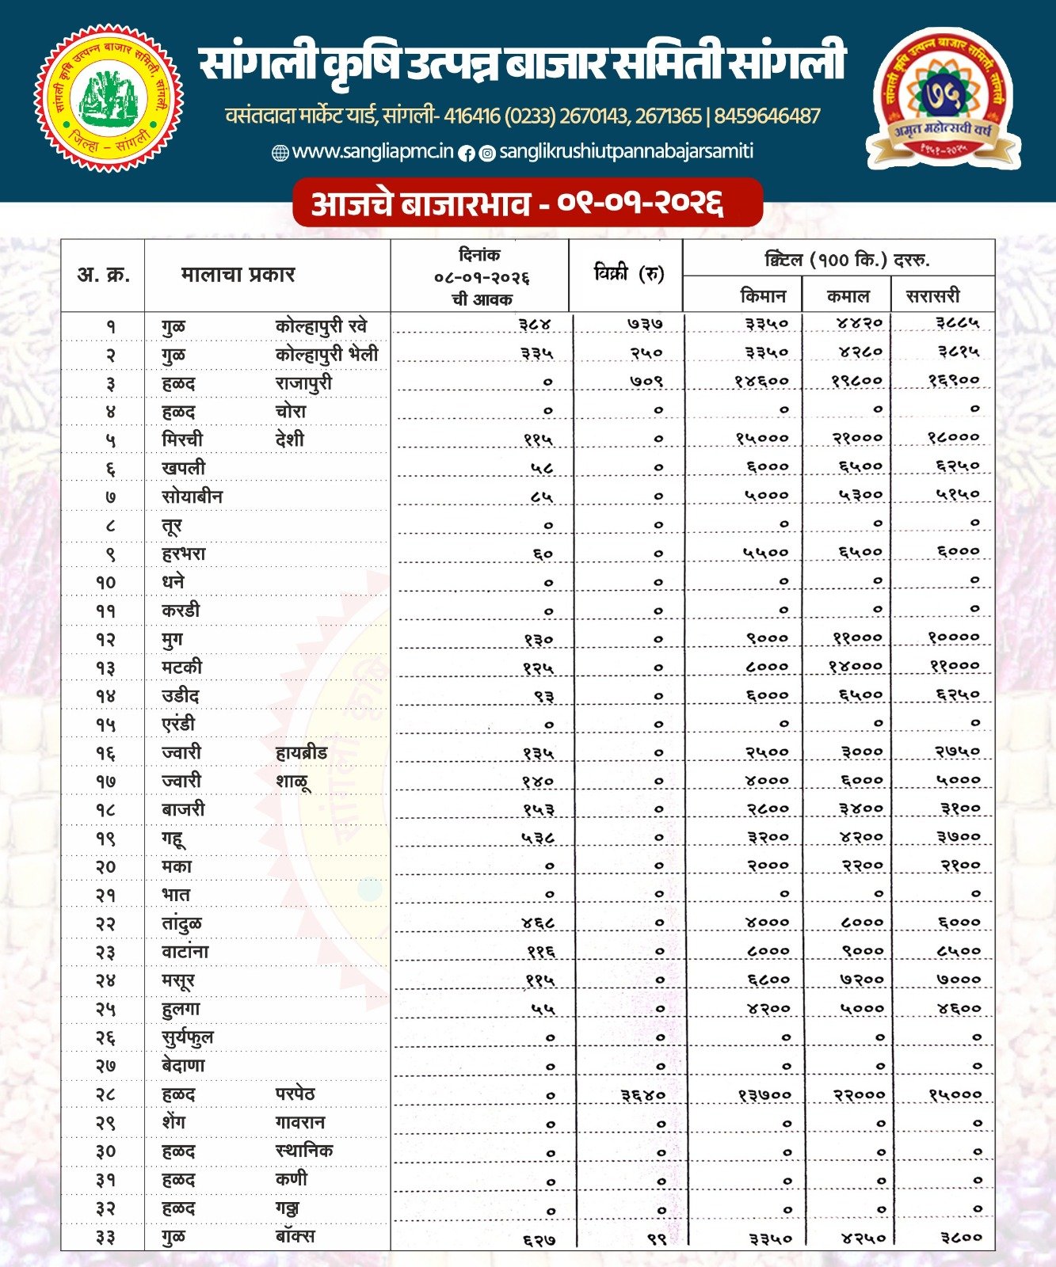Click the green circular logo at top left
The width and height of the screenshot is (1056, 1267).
pos(109,97)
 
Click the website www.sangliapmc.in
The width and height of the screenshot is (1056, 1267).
pos(372,151)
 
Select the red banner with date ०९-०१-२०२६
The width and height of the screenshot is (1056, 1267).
pos(527,204)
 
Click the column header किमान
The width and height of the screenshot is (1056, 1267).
pos(763,296)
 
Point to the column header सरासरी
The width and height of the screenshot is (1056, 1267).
pos(932,296)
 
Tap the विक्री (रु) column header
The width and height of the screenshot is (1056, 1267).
pos(628,274)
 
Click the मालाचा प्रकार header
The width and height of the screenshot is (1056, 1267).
pos(238,275)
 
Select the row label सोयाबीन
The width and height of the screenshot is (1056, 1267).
pos(193,497)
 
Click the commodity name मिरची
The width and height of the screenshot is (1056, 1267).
pos(182,439)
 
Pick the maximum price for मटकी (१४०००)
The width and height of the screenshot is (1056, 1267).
pos(855,666)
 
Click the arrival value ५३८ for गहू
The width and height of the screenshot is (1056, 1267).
pos(538,837)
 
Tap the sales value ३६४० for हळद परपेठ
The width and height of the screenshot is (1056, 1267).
pos(642,1094)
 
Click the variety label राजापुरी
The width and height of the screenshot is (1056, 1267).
pos(303,383)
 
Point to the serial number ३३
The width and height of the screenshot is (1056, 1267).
pos(106,1237)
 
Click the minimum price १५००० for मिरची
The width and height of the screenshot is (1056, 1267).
pos(761,438)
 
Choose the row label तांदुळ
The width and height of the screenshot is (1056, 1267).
pos(181,923)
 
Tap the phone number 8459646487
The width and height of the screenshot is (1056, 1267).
pos(767,116)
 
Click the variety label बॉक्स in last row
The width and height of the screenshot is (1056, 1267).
pos(295,1236)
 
